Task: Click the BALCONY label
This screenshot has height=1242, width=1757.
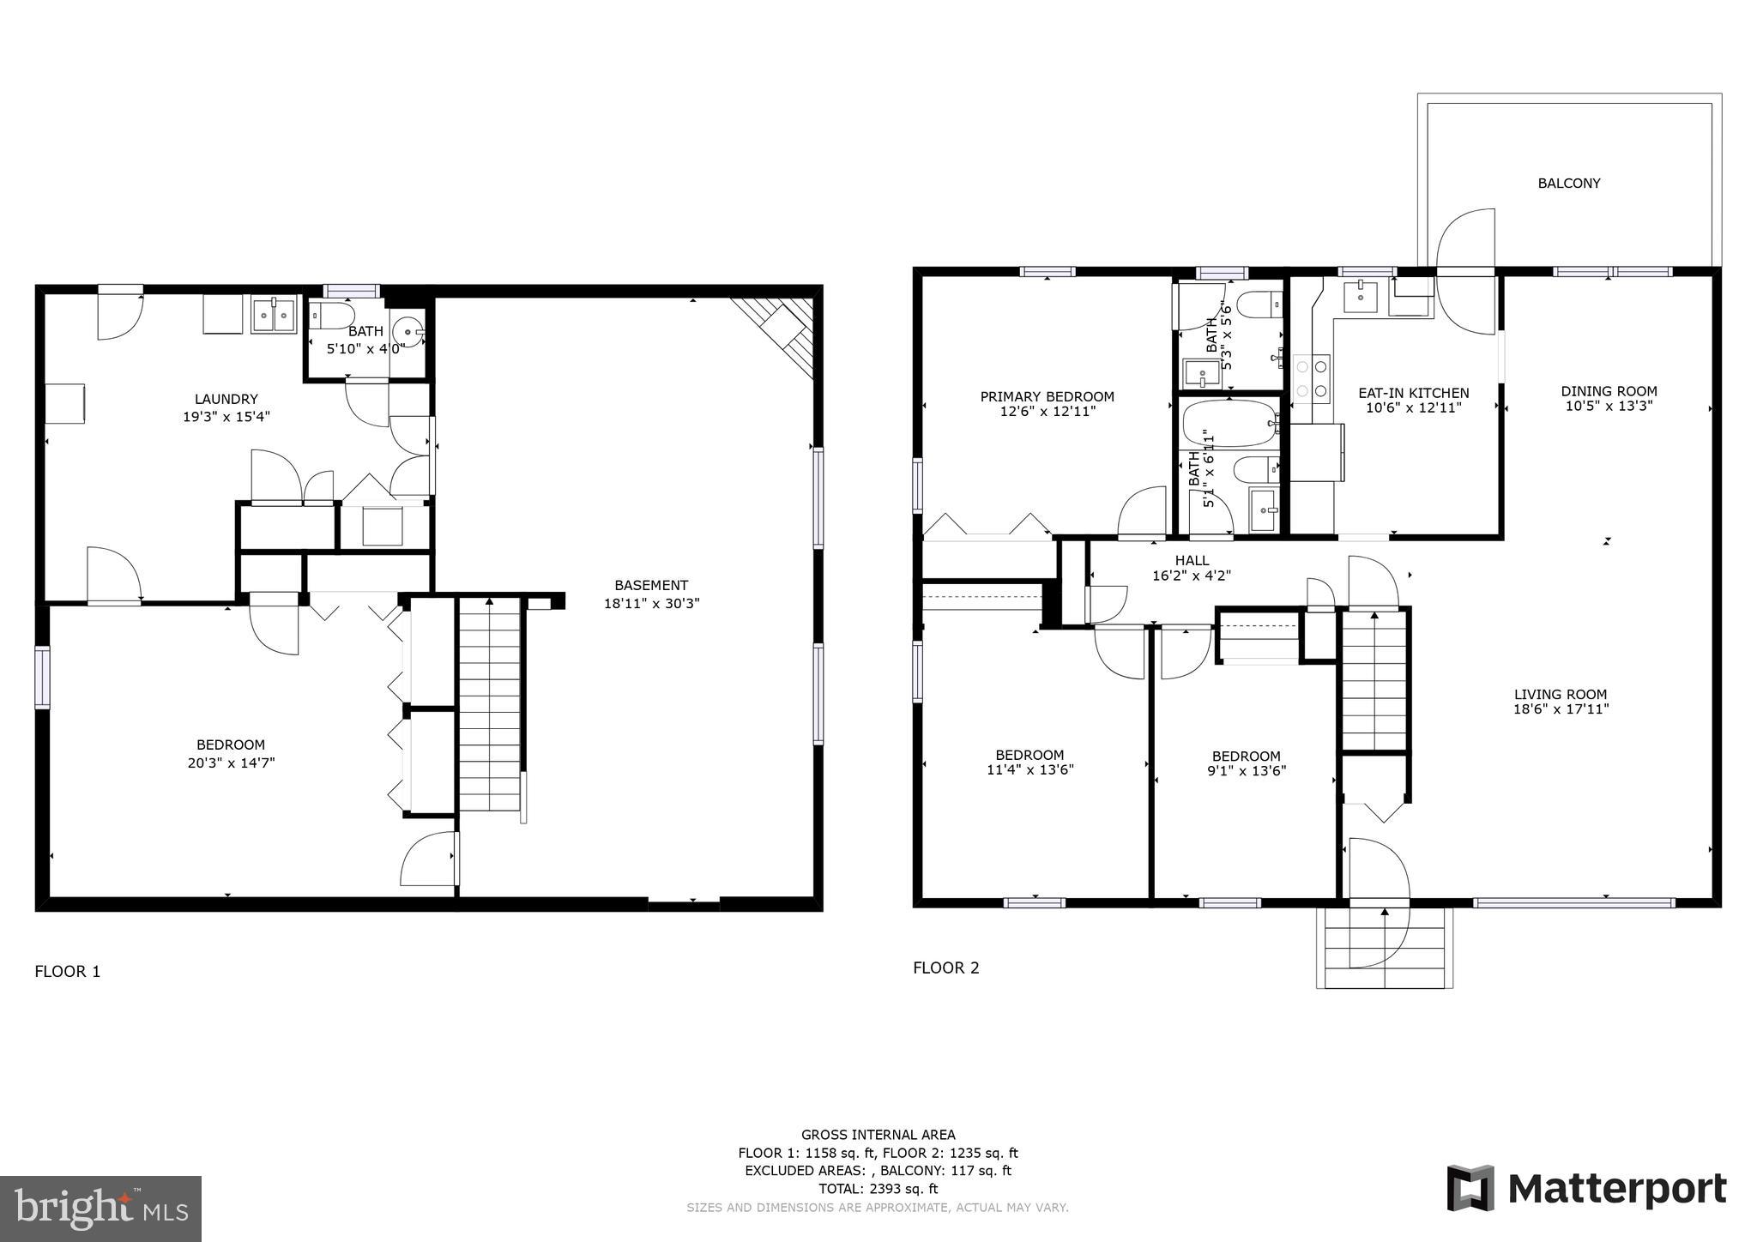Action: click(x=1568, y=183)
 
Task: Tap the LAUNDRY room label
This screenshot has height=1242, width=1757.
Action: click(x=226, y=399)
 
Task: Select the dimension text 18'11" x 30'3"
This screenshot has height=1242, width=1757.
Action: click(x=651, y=603)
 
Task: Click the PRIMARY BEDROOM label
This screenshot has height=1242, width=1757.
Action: click(x=1047, y=396)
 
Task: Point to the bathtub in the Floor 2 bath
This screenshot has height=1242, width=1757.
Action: click(x=1229, y=424)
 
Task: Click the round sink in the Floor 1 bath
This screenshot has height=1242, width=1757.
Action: click(x=408, y=331)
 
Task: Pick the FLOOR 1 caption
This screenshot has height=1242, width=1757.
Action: click(x=67, y=972)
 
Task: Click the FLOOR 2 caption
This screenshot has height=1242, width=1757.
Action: click(x=945, y=968)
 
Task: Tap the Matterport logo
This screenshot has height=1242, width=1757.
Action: click(x=1586, y=1189)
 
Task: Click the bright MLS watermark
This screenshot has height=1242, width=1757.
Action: click(x=101, y=1209)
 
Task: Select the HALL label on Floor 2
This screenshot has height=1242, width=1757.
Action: click(x=1192, y=560)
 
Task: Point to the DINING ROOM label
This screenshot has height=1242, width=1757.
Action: click(x=1609, y=391)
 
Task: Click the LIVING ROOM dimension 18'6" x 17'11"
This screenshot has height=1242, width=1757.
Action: click(x=1561, y=709)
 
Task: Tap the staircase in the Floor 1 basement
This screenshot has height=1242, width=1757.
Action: click(x=490, y=703)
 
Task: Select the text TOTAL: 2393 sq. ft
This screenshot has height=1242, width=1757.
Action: click(x=878, y=1189)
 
